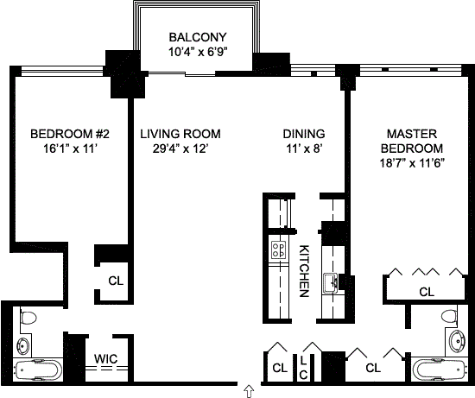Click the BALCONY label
point(198,37)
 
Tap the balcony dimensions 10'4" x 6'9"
point(198,52)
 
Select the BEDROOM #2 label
point(70,134)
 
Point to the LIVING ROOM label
point(180,134)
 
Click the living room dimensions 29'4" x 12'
point(180,148)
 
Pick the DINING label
point(304,134)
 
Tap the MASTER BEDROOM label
point(412,141)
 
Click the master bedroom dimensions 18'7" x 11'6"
point(412,163)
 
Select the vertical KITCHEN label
point(304,271)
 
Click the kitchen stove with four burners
point(279,250)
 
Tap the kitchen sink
point(331,283)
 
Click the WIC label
point(105,359)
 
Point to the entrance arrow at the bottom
point(249,391)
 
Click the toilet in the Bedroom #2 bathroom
point(28,318)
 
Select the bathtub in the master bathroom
point(440,370)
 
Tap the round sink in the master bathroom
point(457,342)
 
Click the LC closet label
point(303,368)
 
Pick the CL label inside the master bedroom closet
point(427,292)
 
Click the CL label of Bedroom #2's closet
point(116,281)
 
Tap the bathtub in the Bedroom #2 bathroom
point(38,370)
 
